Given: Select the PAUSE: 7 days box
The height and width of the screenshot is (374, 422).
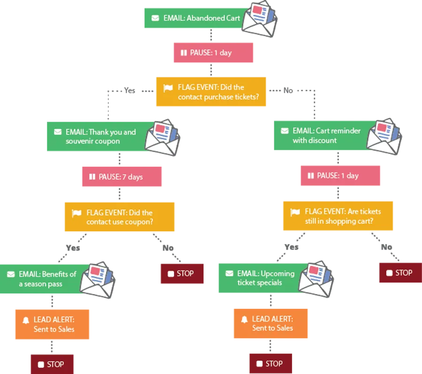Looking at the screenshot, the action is (122, 176).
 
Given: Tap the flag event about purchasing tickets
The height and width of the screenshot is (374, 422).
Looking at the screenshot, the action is (211, 92).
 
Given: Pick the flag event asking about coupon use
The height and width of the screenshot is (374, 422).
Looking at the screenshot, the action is (120, 217).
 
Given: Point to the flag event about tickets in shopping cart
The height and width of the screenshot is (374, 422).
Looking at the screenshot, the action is (338, 216).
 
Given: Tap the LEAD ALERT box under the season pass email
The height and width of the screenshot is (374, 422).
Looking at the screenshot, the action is (52, 324).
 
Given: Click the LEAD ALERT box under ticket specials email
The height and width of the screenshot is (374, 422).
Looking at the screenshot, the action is (271, 323).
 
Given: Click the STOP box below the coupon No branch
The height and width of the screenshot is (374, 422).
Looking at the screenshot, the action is (182, 273).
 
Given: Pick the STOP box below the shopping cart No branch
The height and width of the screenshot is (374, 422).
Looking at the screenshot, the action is (401, 273).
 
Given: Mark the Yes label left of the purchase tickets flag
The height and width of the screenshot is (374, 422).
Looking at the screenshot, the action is (129, 90).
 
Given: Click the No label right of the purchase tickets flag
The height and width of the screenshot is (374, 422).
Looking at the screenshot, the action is (288, 90).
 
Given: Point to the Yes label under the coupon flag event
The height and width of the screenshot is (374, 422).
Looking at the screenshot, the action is (73, 248).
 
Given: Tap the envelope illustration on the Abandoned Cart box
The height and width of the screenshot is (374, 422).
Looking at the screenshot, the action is (260, 19).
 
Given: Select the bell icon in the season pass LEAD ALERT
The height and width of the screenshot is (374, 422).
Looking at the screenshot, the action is (26, 320).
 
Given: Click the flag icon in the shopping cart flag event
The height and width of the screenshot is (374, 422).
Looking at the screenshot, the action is (295, 212).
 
